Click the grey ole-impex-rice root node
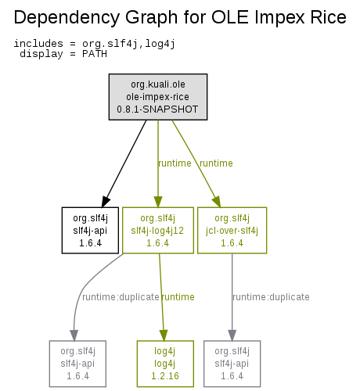pos(158,97)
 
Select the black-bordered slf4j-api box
pos(90,231)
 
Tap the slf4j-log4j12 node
pos(158,231)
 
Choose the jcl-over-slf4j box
pos(232,231)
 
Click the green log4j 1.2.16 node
pos(165,364)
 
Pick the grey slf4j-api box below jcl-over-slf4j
pos(232,364)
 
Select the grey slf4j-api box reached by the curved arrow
pos(77,364)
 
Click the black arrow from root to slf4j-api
pos(124,163)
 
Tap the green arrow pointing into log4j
pos(162,297)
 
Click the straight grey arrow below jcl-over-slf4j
pos(232,297)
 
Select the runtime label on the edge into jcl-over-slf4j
pos(216,163)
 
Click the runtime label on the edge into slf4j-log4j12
pos(175,163)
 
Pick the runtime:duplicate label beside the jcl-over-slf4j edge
pos(271,297)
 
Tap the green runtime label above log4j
pos(178,297)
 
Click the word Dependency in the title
pos(66,18)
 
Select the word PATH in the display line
pos(95,54)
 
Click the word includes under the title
pos(38,44)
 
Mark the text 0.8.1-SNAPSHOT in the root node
pos(157,109)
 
